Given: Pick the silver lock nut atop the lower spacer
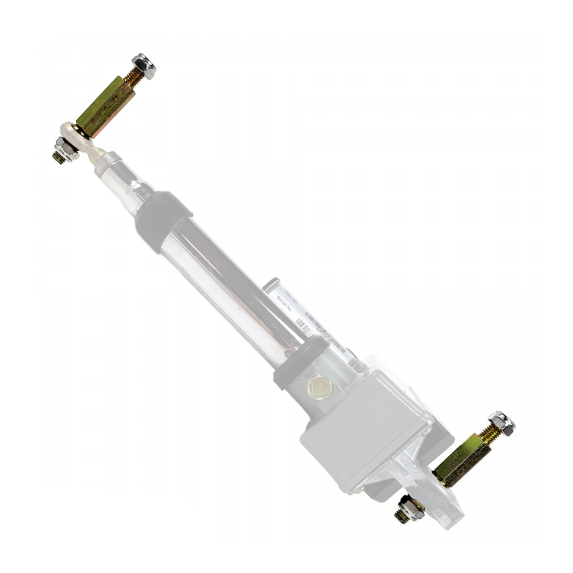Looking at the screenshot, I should pos(502,423).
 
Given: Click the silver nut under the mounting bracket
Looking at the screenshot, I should pos(413,505).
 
